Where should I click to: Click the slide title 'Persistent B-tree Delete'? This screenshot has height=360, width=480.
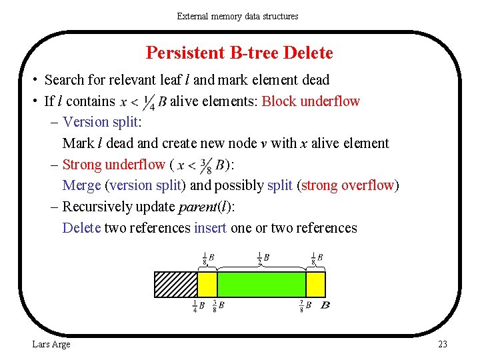click(239, 53)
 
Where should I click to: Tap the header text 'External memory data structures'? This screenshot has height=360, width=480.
click(238, 15)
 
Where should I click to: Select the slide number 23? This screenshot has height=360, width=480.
click(442, 344)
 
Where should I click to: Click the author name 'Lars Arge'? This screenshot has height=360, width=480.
click(51, 344)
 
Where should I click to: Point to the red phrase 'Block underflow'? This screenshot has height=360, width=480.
click(311, 101)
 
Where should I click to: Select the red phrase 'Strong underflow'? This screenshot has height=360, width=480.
click(113, 165)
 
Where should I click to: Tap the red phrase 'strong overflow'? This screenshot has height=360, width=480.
click(348, 185)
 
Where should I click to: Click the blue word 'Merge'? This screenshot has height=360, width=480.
click(81, 185)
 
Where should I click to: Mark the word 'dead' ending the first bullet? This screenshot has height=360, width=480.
click(315, 80)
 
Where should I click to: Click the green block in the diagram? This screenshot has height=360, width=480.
click(261, 284)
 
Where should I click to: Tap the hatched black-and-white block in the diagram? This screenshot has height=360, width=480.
click(176, 284)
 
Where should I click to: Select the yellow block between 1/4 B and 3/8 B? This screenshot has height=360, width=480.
click(207, 284)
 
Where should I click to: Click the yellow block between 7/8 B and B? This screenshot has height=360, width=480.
click(315, 284)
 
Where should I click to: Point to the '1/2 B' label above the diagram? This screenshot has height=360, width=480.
click(262, 257)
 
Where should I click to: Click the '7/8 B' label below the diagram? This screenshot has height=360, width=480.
click(307, 306)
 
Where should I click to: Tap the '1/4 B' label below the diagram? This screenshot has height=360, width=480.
click(198, 306)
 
